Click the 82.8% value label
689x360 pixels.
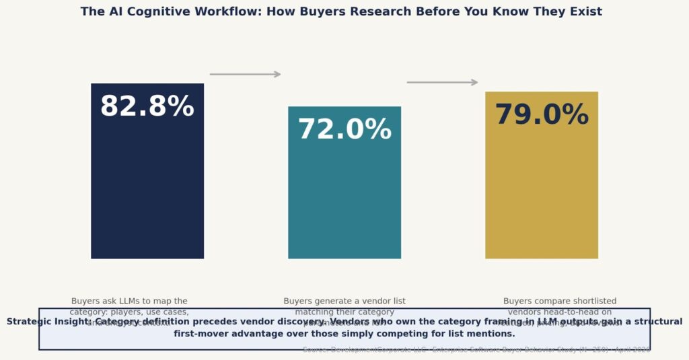click(147, 107)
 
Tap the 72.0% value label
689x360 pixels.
click(344, 130)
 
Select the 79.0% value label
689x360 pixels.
click(542, 115)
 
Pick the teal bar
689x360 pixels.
click(344, 202)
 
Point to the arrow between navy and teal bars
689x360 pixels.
click(245, 74)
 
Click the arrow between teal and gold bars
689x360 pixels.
click(442, 82)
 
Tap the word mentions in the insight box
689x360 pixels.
click(489, 334)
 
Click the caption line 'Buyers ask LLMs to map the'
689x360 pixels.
click(129, 301)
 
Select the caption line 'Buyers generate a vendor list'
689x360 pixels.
click(344, 301)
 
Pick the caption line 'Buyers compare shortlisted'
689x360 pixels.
click(560, 301)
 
